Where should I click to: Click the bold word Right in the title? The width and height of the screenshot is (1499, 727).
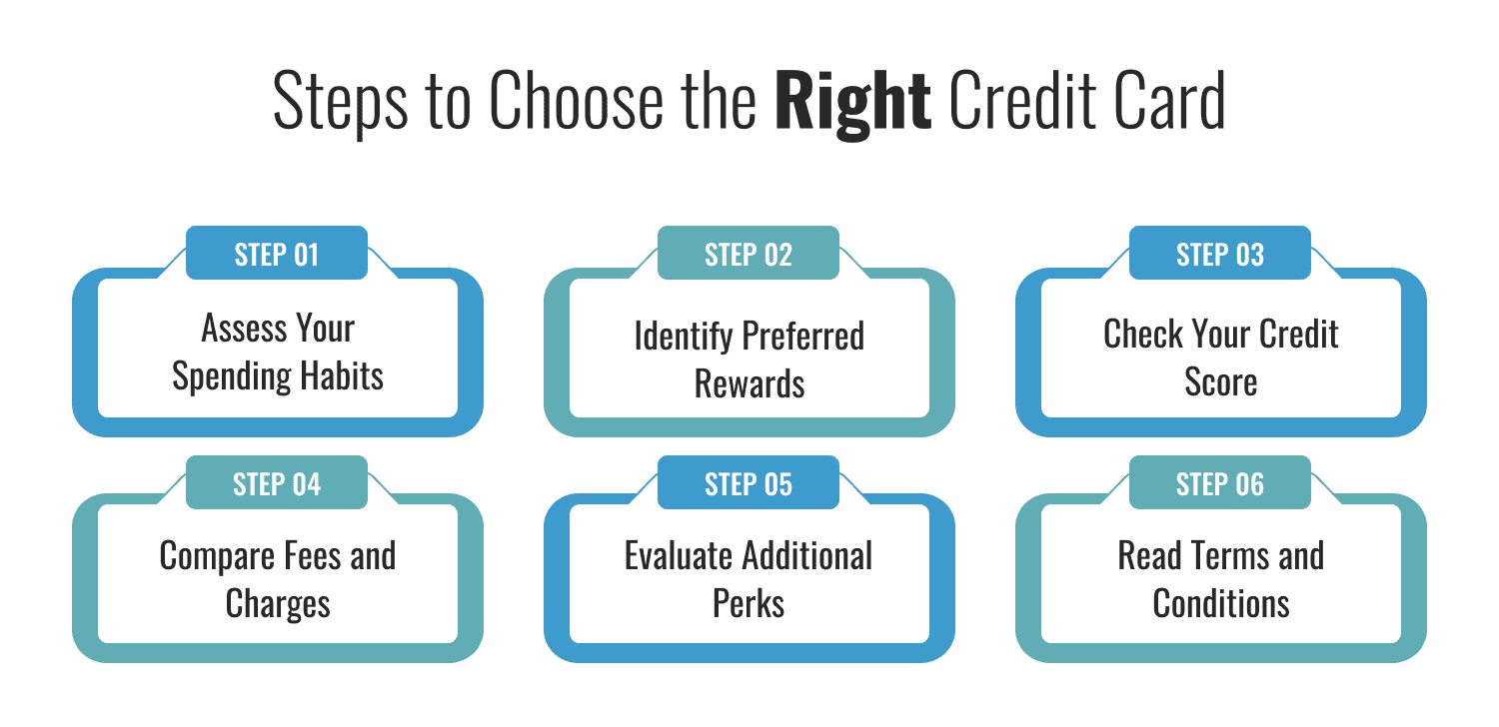(x=853, y=101)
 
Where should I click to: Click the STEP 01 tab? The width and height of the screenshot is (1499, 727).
(x=277, y=254)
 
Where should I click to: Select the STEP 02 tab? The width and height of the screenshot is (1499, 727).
(x=749, y=254)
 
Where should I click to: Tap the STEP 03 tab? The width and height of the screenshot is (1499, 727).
(x=1220, y=254)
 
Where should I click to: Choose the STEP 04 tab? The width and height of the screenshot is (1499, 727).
(x=277, y=484)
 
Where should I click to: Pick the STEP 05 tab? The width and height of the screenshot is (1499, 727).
(x=749, y=484)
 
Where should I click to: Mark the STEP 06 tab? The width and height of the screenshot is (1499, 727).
(x=1220, y=484)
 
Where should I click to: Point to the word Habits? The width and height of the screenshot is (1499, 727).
(x=339, y=376)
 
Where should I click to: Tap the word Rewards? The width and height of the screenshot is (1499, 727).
(x=749, y=383)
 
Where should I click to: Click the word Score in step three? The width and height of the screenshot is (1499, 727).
(x=1220, y=383)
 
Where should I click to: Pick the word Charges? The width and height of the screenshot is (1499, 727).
(x=278, y=603)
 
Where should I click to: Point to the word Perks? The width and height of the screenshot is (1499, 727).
(x=749, y=603)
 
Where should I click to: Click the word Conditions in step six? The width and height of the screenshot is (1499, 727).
(x=1220, y=603)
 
